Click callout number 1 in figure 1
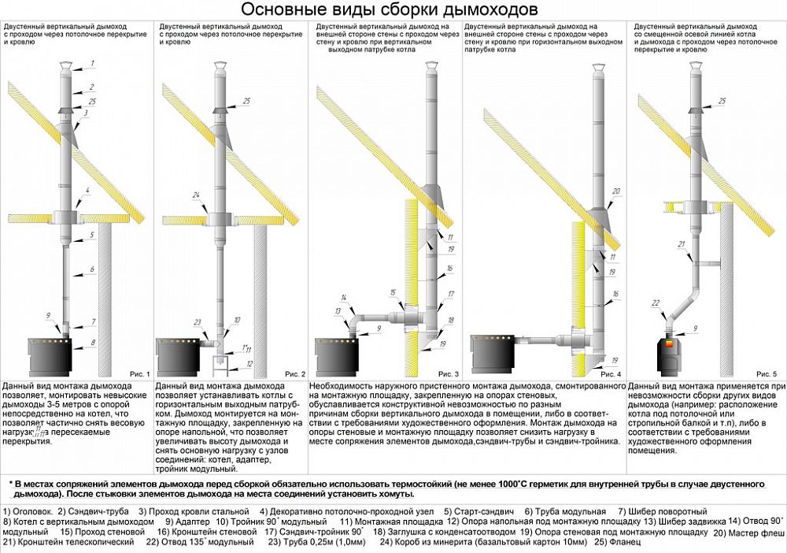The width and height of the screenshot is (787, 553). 92,62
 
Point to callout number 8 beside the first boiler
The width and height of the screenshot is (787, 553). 92,343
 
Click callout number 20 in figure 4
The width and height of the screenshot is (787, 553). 616,191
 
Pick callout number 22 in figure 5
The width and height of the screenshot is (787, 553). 655,302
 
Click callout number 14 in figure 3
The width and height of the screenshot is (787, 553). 344,297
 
